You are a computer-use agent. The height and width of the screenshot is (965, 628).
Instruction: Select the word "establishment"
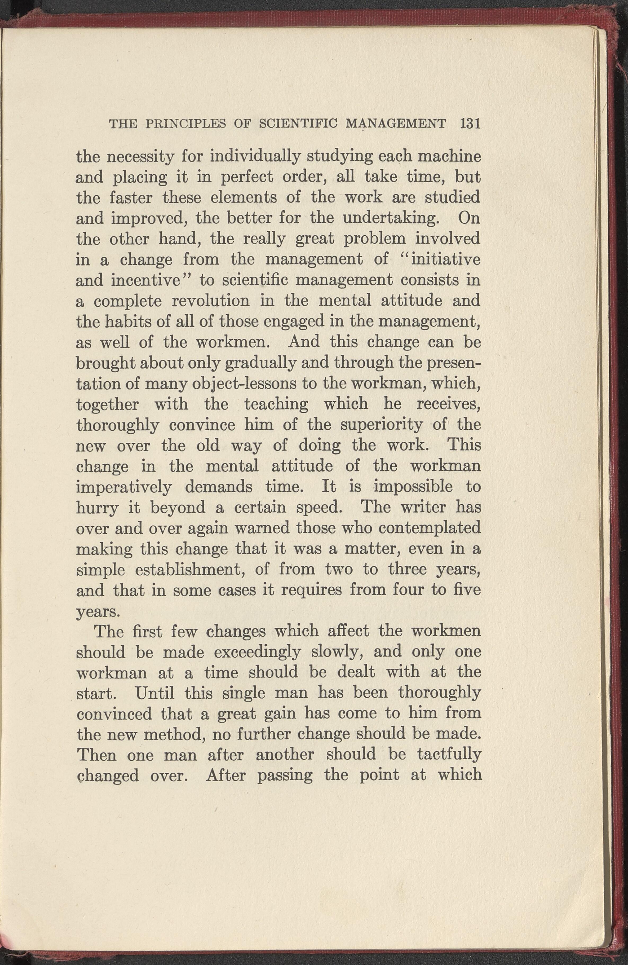(188, 570)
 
